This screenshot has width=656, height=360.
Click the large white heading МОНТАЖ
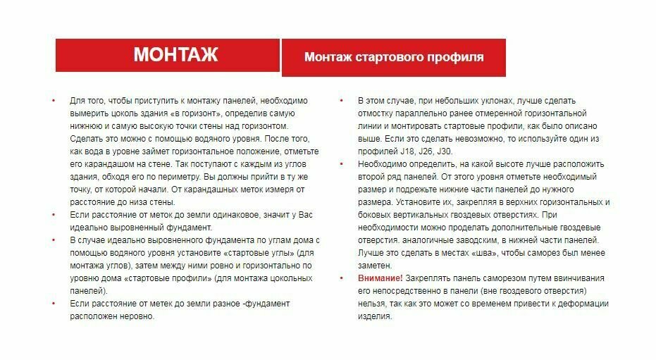coord(175,55)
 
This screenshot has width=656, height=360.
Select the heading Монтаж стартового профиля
coord(394,57)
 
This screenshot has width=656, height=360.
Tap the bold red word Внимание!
coord(380,278)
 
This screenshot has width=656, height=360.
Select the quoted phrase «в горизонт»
coord(192,113)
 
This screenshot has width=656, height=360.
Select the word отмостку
coord(378,113)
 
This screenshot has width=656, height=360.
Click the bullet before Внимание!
coord(341,278)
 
